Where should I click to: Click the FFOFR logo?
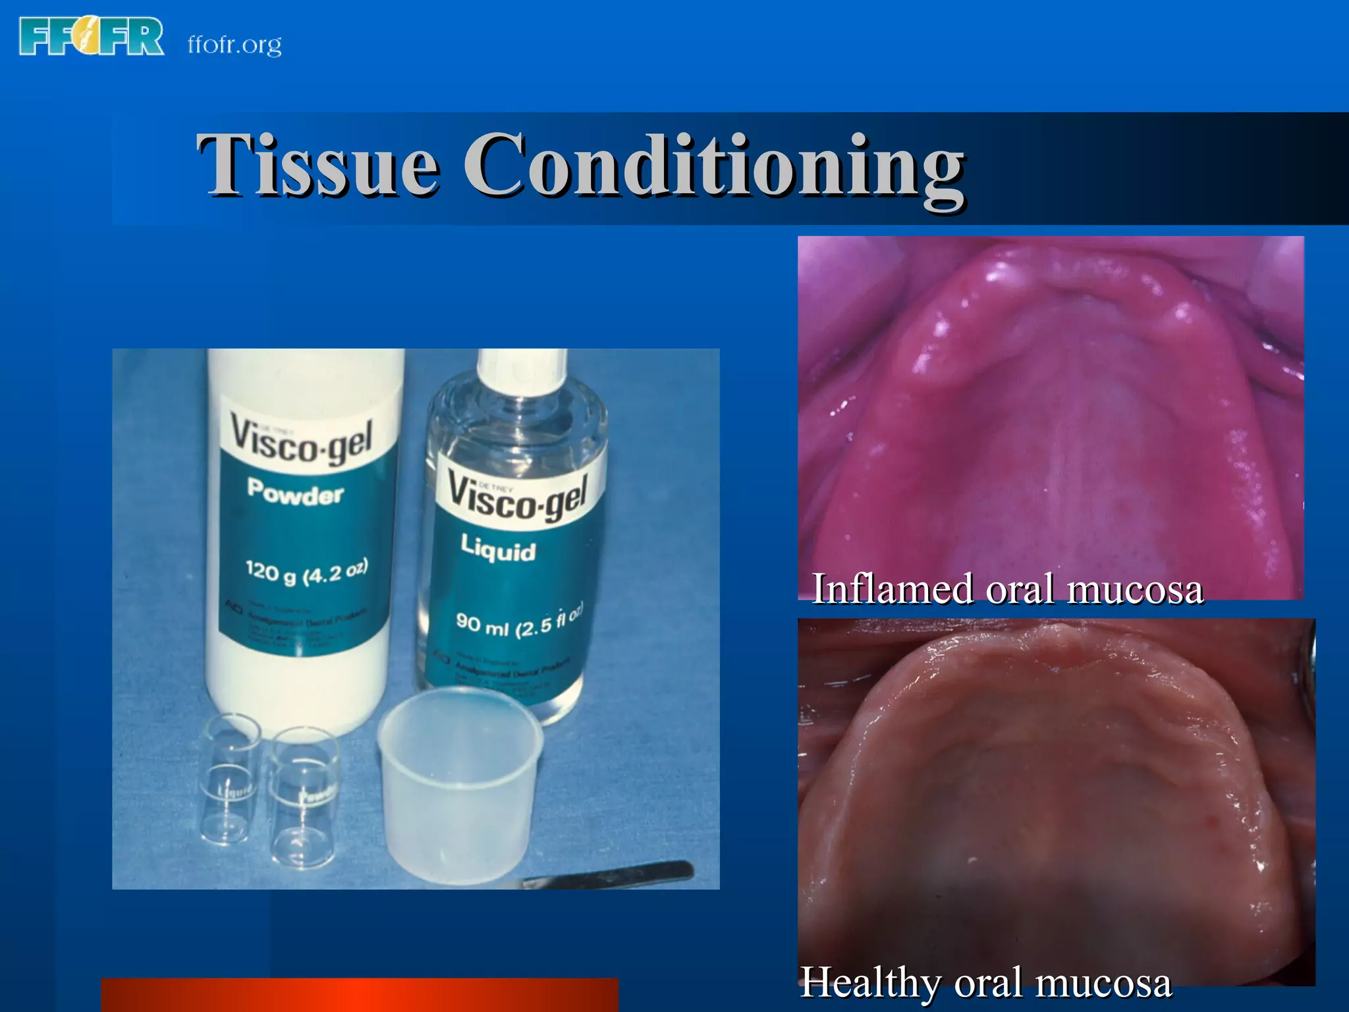pos(91,37)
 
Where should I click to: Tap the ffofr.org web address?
pos(234,45)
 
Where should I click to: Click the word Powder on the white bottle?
pos(296,492)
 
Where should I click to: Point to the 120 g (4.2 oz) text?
pos(306,572)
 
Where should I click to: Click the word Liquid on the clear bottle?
pos(498,548)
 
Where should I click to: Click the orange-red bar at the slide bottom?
pos(359,995)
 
